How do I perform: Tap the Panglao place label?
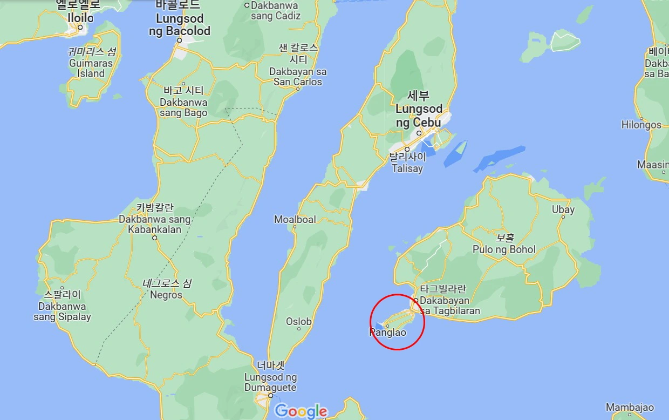pos(388,333)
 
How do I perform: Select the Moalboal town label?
pos(295,219)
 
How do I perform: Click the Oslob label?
pos(299,322)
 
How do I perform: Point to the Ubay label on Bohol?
pos(563,209)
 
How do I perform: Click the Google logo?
pos(301,411)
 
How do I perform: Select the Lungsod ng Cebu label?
pos(419,116)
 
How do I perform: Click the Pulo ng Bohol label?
pos(504,249)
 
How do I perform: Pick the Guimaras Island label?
pos(91,68)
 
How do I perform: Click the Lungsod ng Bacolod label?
pos(180,25)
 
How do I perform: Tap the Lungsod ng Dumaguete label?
pos(270,382)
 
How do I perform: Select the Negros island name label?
pos(166,295)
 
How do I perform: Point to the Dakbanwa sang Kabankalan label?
pos(155,224)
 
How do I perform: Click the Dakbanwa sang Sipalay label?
pos(63,311)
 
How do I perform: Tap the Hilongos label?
pos(641,125)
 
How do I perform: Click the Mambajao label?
pos(630,408)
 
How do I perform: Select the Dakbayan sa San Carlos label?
pos(298,77)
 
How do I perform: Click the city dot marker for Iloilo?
pos(80,27)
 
